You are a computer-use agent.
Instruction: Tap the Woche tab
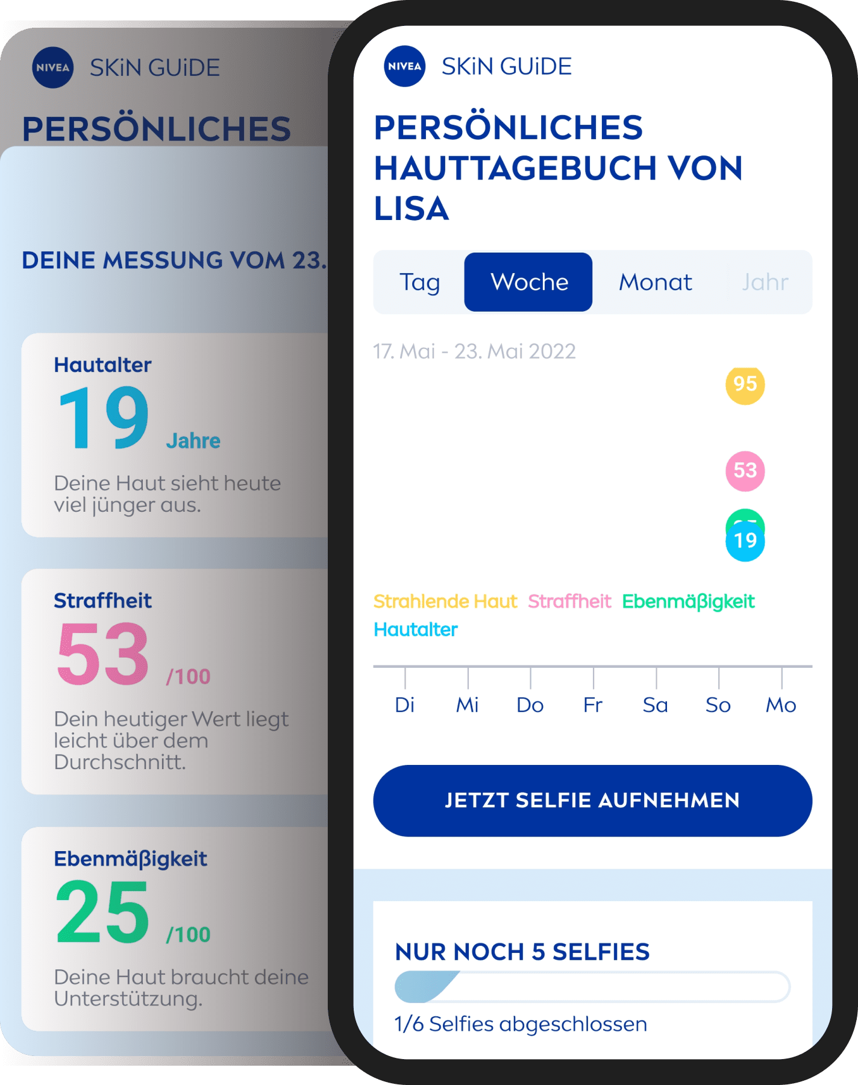pyautogui.click(x=528, y=282)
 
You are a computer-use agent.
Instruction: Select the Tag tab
pyautogui.click(x=419, y=282)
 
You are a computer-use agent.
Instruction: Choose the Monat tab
pyautogui.click(x=656, y=282)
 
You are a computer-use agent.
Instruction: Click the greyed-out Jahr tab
pyautogui.click(x=765, y=282)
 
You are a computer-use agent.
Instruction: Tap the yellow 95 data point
pyautogui.click(x=745, y=385)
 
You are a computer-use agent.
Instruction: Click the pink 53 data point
pyautogui.click(x=745, y=471)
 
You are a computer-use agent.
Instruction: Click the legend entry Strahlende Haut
pyautogui.click(x=445, y=602)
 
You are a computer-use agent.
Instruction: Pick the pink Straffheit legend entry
pyautogui.click(x=569, y=602)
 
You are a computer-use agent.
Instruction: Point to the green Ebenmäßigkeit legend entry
pyautogui.click(x=688, y=602)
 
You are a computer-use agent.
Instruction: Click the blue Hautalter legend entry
pyautogui.click(x=416, y=630)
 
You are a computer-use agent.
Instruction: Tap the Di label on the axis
pyautogui.click(x=405, y=705)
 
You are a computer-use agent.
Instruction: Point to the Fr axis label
pyautogui.click(x=593, y=705)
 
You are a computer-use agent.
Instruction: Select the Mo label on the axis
pyautogui.click(x=781, y=705)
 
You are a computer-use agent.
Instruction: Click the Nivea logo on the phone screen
pyautogui.click(x=404, y=66)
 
